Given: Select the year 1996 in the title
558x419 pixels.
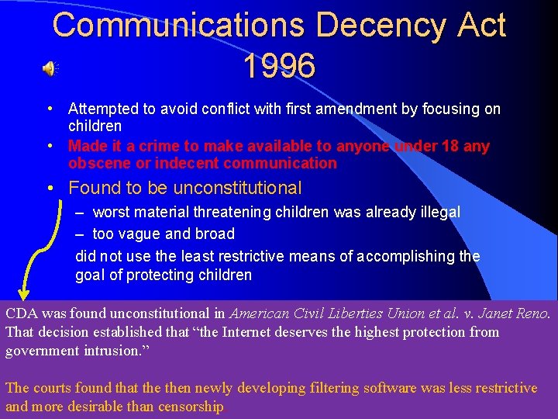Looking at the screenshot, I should pos(279,66).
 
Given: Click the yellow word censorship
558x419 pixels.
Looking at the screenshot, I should pos(191,406).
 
